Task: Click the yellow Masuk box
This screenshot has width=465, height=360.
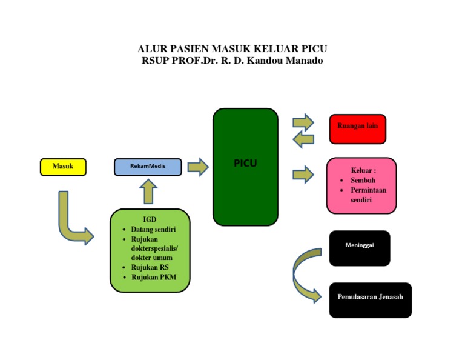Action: click(x=63, y=167)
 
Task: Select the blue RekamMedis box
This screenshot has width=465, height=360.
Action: click(x=148, y=167)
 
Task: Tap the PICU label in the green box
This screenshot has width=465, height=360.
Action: click(x=245, y=163)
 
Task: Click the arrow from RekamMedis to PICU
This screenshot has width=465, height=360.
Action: click(x=197, y=167)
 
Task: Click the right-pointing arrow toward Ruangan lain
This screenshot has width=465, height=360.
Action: click(x=303, y=122)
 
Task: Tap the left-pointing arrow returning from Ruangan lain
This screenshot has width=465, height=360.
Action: click(x=303, y=139)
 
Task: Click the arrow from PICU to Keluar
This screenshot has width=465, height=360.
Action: click(x=303, y=175)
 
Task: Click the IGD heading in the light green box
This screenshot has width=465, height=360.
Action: click(x=150, y=219)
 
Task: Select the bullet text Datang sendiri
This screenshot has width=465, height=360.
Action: click(x=153, y=230)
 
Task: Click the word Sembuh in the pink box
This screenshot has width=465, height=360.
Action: click(x=363, y=181)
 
